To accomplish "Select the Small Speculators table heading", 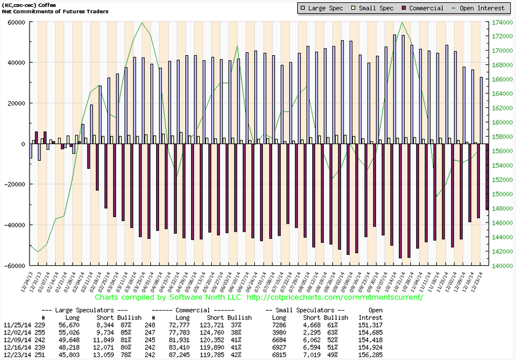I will (305, 310).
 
